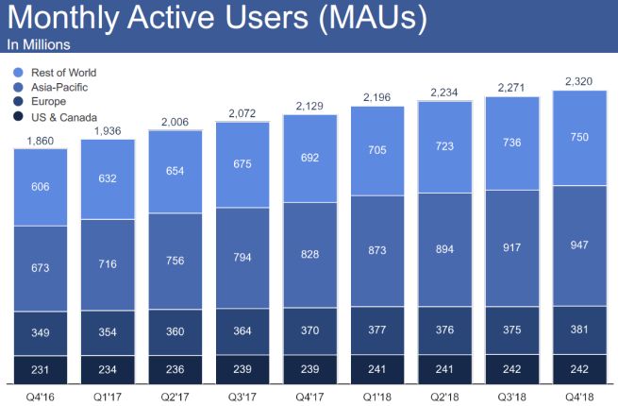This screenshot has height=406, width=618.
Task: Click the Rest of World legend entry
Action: pyautogui.click(x=62, y=73)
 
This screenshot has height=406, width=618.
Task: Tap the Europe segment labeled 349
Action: pyautogui.click(x=41, y=332)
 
